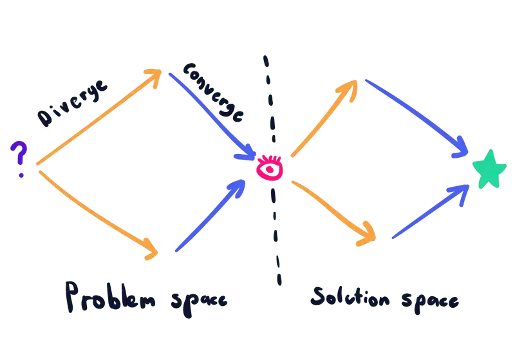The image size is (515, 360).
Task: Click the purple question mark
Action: tap(20, 158)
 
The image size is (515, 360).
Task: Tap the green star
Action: tap(489, 170)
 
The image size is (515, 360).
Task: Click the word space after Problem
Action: tap(200, 300)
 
